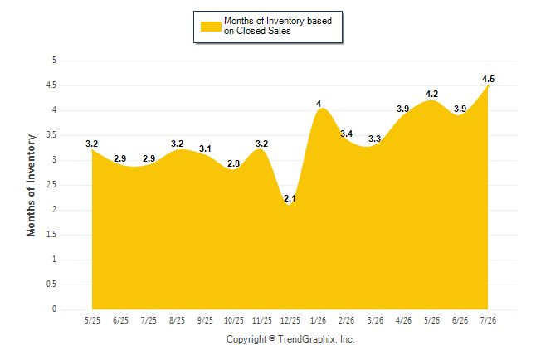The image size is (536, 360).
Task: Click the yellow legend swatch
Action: (x=211, y=27)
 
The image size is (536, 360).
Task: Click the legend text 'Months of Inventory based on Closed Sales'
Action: (x=278, y=26)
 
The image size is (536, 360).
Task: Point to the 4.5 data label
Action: (x=488, y=79)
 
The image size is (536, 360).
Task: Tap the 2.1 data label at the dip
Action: (x=290, y=198)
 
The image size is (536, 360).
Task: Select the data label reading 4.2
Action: (x=431, y=94)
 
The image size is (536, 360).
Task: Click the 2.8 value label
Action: (x=233, y=163)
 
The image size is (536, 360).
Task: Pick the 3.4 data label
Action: (x=346, y=134)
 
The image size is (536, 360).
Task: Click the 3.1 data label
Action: (x=205, y=148)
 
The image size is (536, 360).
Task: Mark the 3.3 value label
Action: (x=375, y=139)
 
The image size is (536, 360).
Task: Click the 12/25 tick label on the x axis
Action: (x=290, y=321)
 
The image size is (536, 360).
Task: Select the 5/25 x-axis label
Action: (x=92, y=321)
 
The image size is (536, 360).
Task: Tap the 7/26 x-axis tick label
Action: (x=488, y=321)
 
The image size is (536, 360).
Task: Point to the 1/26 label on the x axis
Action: (x=319, y=321)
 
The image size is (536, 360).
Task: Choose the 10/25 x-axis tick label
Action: (x=234, y=321)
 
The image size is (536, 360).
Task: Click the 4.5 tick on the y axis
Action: (x=51, y=85)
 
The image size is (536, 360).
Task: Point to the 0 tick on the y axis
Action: (x=54, y=309)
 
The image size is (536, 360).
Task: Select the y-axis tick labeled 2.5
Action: (x=51, y=185)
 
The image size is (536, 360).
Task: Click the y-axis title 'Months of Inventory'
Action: (x=31, y=185)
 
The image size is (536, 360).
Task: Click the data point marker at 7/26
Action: (x=488, y=86)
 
